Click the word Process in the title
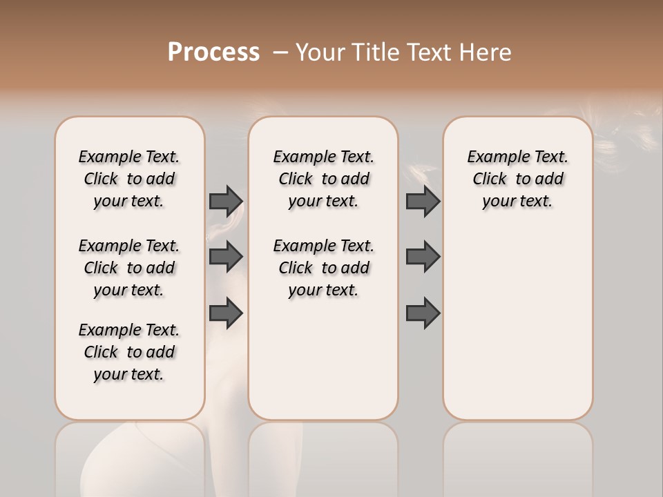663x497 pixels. coord(213,52)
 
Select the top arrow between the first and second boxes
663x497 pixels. coord(226,201)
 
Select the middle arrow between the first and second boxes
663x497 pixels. coord(226,257)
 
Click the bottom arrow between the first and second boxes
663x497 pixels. coord(226,313)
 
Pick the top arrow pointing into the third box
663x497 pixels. coord(423,201)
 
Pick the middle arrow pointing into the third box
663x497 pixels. coord(423,257)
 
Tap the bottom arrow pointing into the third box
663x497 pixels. coord(423,313)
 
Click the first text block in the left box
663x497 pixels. coord(129,179)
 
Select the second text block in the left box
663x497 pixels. coord(129,268)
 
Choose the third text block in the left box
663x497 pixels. coord(129,352)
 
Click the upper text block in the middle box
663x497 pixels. coord(323,179)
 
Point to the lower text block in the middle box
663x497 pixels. coord(323,268)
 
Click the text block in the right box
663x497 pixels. coord(517,179)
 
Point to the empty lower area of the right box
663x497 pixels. coord(517,324)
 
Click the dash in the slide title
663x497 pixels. coord(280,52)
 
